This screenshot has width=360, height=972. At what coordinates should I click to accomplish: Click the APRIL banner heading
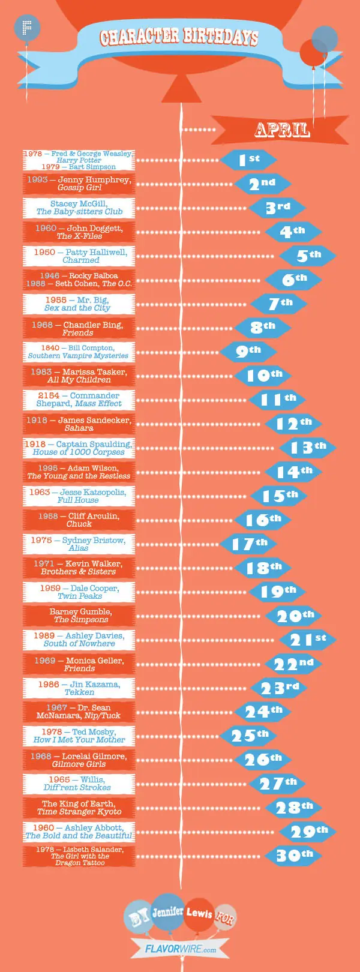tap(282, 130)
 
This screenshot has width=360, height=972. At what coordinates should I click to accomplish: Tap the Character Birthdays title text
tap(179, 37)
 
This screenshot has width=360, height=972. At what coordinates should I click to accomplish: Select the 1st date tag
tap(248, 160)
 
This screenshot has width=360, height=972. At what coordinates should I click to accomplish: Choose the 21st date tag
tap(307, 640)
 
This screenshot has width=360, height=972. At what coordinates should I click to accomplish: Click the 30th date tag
tap(293, 856)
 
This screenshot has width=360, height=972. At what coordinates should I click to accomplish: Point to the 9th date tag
tap(248, 352)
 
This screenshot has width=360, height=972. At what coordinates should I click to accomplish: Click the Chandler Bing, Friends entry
tap(79, 328)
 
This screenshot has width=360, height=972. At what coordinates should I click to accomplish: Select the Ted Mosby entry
tap(79, 736)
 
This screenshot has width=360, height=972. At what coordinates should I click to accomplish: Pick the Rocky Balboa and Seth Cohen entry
tap(79, 280)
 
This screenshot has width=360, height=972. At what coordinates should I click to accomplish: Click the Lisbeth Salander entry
tap(79, 856)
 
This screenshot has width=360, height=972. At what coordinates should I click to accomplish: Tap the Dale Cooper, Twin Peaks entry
tap(79, 592)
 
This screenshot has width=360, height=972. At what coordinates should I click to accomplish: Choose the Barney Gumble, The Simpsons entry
tap(79, 616)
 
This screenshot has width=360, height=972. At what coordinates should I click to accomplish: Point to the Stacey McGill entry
tap(79, 208)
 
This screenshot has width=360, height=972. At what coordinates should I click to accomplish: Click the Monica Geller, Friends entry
tap(79, 664)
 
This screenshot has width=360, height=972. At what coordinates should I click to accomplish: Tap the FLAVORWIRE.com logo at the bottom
tap(180, 949)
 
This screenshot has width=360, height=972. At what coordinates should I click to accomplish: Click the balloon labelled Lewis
tap(199, 914)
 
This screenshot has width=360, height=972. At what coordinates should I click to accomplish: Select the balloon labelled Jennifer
tap(167, 912)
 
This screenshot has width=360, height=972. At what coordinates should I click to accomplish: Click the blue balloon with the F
tap(26, 28)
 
